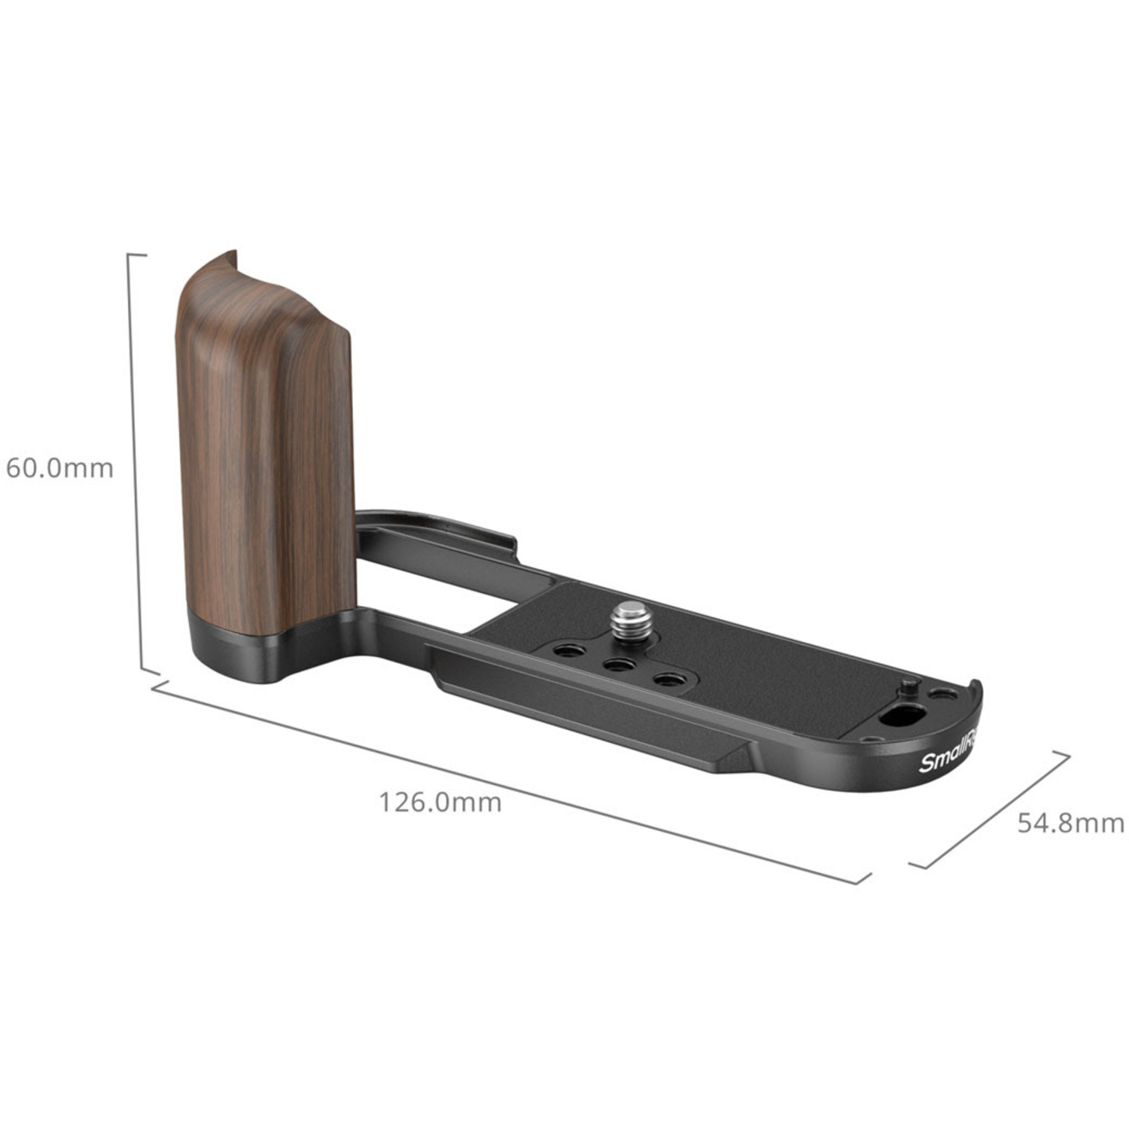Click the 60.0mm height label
(59, 468)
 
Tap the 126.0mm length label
(440, 802)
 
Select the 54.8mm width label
(1070, 823)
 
